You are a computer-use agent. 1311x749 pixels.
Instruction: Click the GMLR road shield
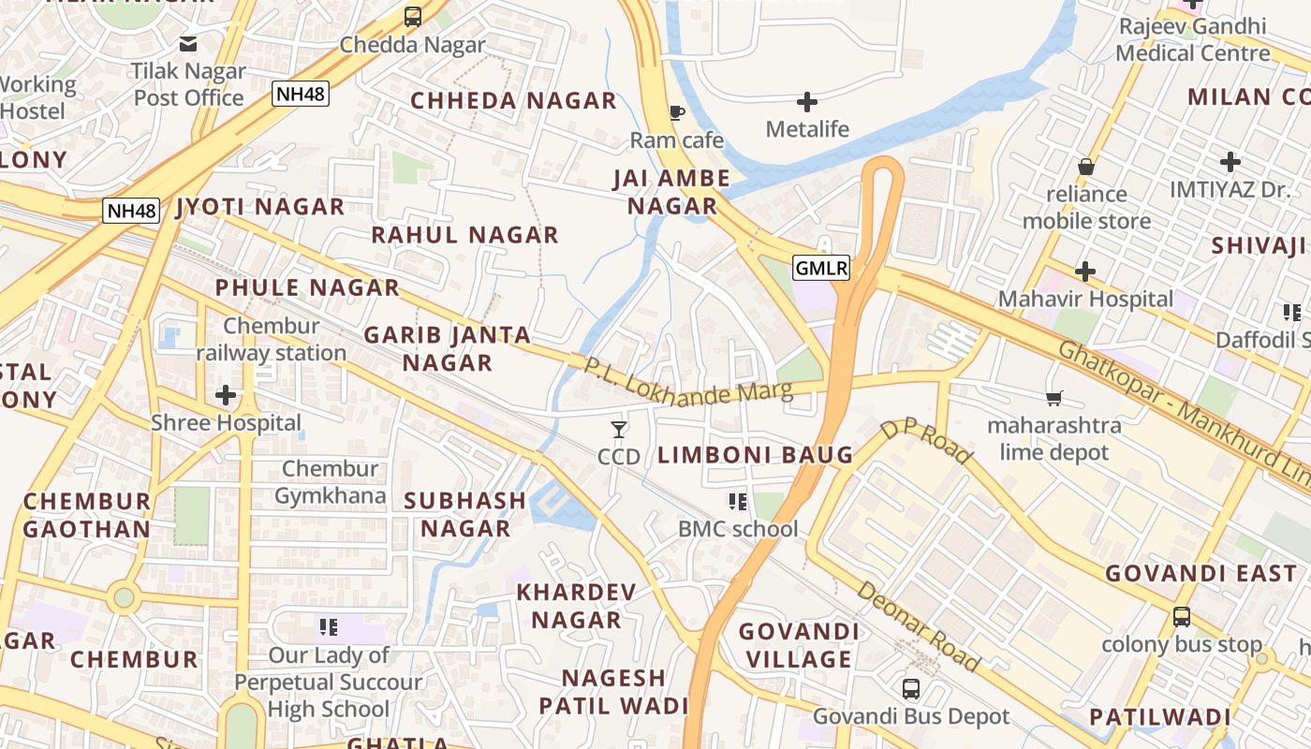point(821,269)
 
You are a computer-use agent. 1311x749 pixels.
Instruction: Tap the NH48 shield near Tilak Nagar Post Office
point(301,93)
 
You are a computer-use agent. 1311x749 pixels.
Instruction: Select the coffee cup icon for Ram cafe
point(676,113)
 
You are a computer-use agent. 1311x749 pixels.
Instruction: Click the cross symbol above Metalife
point(806,101)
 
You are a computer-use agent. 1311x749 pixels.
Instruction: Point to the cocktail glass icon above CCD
point(618,430)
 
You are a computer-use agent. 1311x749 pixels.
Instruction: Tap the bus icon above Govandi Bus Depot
point(910,690)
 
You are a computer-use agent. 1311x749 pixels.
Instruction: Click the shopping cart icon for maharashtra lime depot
point(1053,399)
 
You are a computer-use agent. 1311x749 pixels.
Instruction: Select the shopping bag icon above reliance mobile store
point(1085,167)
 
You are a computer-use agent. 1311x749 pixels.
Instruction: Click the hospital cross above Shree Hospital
point(226,395)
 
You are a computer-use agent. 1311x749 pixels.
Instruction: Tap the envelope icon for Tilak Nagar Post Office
point(188,43)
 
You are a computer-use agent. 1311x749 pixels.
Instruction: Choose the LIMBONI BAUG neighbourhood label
point(755,456)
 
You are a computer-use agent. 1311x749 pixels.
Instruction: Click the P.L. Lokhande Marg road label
point(688,382)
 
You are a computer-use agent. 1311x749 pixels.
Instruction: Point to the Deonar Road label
point(918,626)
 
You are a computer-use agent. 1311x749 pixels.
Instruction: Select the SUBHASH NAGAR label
point(464,514)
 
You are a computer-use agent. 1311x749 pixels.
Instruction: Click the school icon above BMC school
point(738,502)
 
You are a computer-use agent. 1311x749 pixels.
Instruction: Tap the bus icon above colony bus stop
point(1182,617)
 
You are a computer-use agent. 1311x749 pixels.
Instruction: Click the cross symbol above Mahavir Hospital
point(1084,272)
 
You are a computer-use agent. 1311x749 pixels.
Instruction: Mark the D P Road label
point(926,442)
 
